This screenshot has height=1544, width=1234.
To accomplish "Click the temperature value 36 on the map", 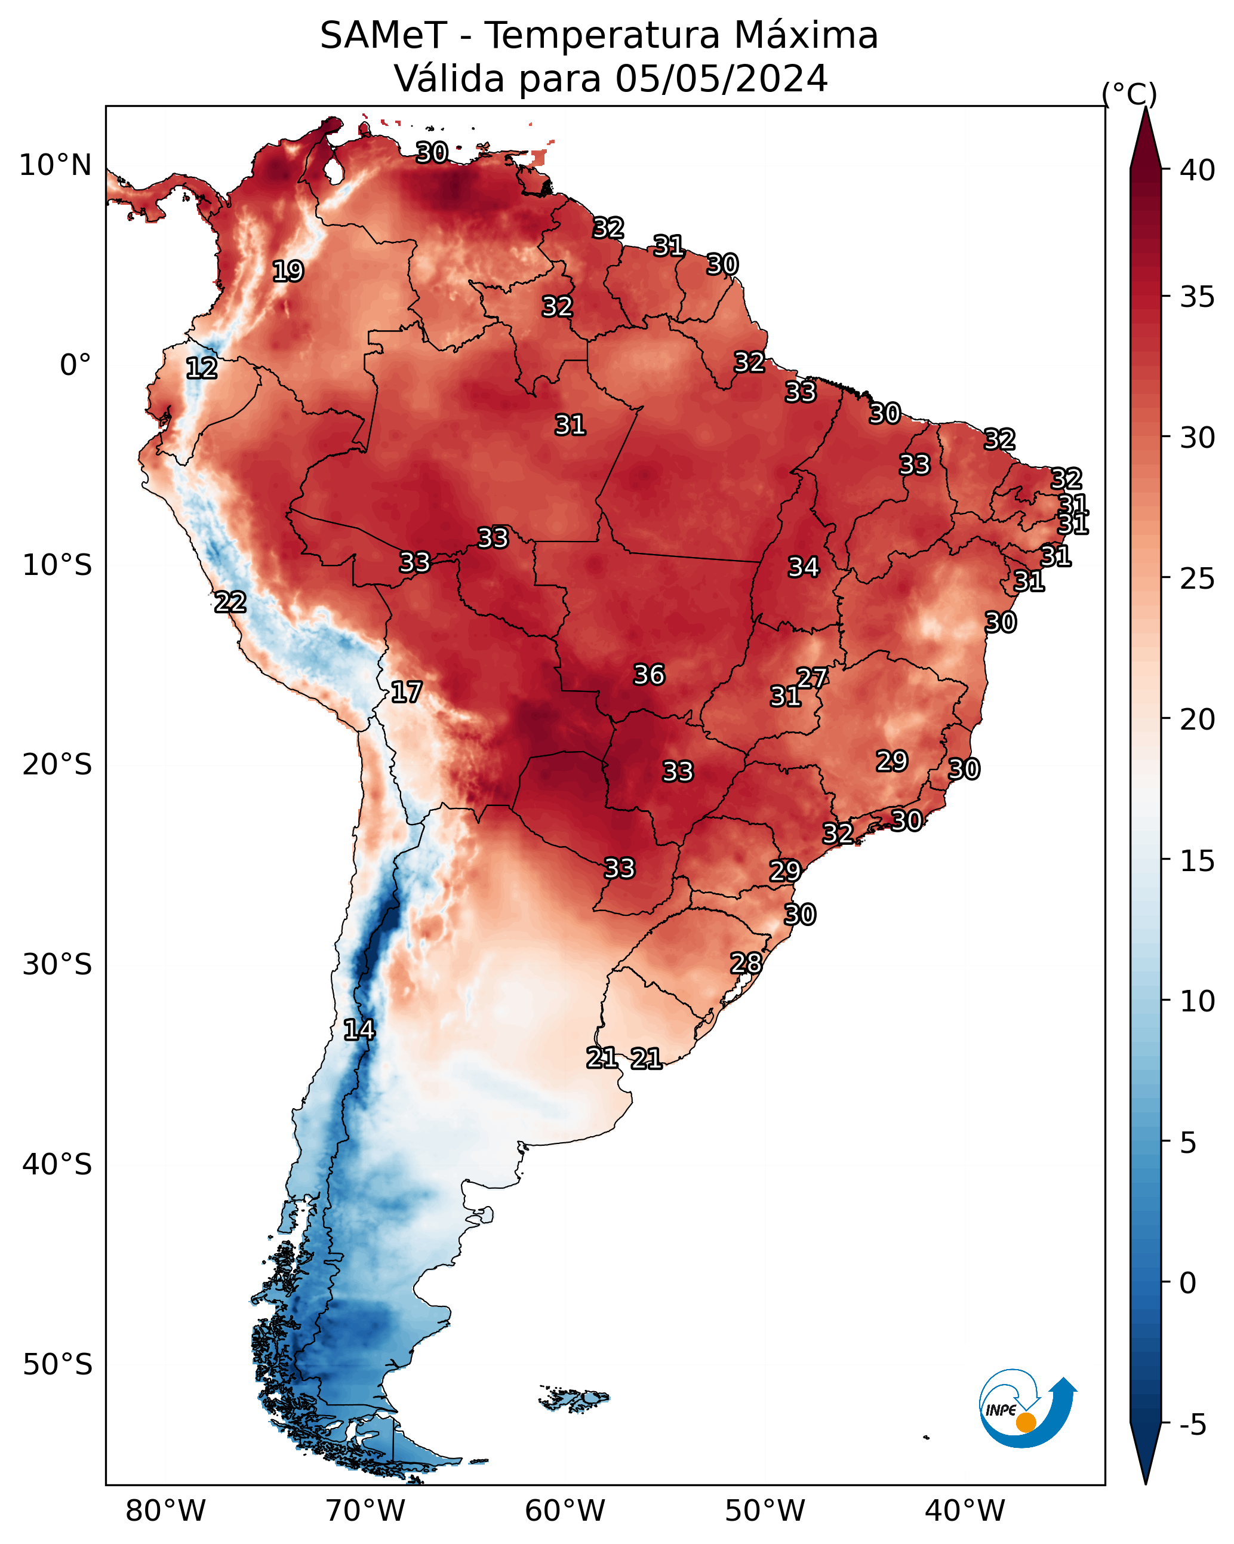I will (649, 675).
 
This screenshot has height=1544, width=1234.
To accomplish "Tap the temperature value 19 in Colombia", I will (288, 272).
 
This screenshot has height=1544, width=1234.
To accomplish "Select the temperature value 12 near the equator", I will (201, 369).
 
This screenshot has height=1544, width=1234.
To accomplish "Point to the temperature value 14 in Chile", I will (359, 1030).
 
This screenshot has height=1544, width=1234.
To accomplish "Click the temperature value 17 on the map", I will (406, 692).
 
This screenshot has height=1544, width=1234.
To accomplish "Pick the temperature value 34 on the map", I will (803, 567).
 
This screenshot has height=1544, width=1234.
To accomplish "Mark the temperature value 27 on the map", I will (812, 678).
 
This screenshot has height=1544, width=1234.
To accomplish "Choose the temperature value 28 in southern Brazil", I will (746, 963).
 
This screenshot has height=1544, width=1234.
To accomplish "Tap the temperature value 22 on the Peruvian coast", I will (230, 602).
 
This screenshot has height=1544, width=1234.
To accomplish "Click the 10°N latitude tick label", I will (55, 165).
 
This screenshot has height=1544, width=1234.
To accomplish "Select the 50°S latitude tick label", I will (57, 1364).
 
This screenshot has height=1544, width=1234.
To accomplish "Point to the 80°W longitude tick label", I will (165, 1511).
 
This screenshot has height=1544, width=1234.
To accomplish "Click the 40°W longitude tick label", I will (965, 1511).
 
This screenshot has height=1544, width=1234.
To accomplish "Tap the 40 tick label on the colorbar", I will (1198, 170).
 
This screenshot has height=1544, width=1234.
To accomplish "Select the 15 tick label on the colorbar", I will (1198, 861).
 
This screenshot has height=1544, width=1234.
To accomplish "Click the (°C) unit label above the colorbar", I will (1129, 94).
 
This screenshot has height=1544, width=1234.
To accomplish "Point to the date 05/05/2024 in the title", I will (721, 78).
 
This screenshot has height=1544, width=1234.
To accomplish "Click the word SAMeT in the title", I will (383, 36).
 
